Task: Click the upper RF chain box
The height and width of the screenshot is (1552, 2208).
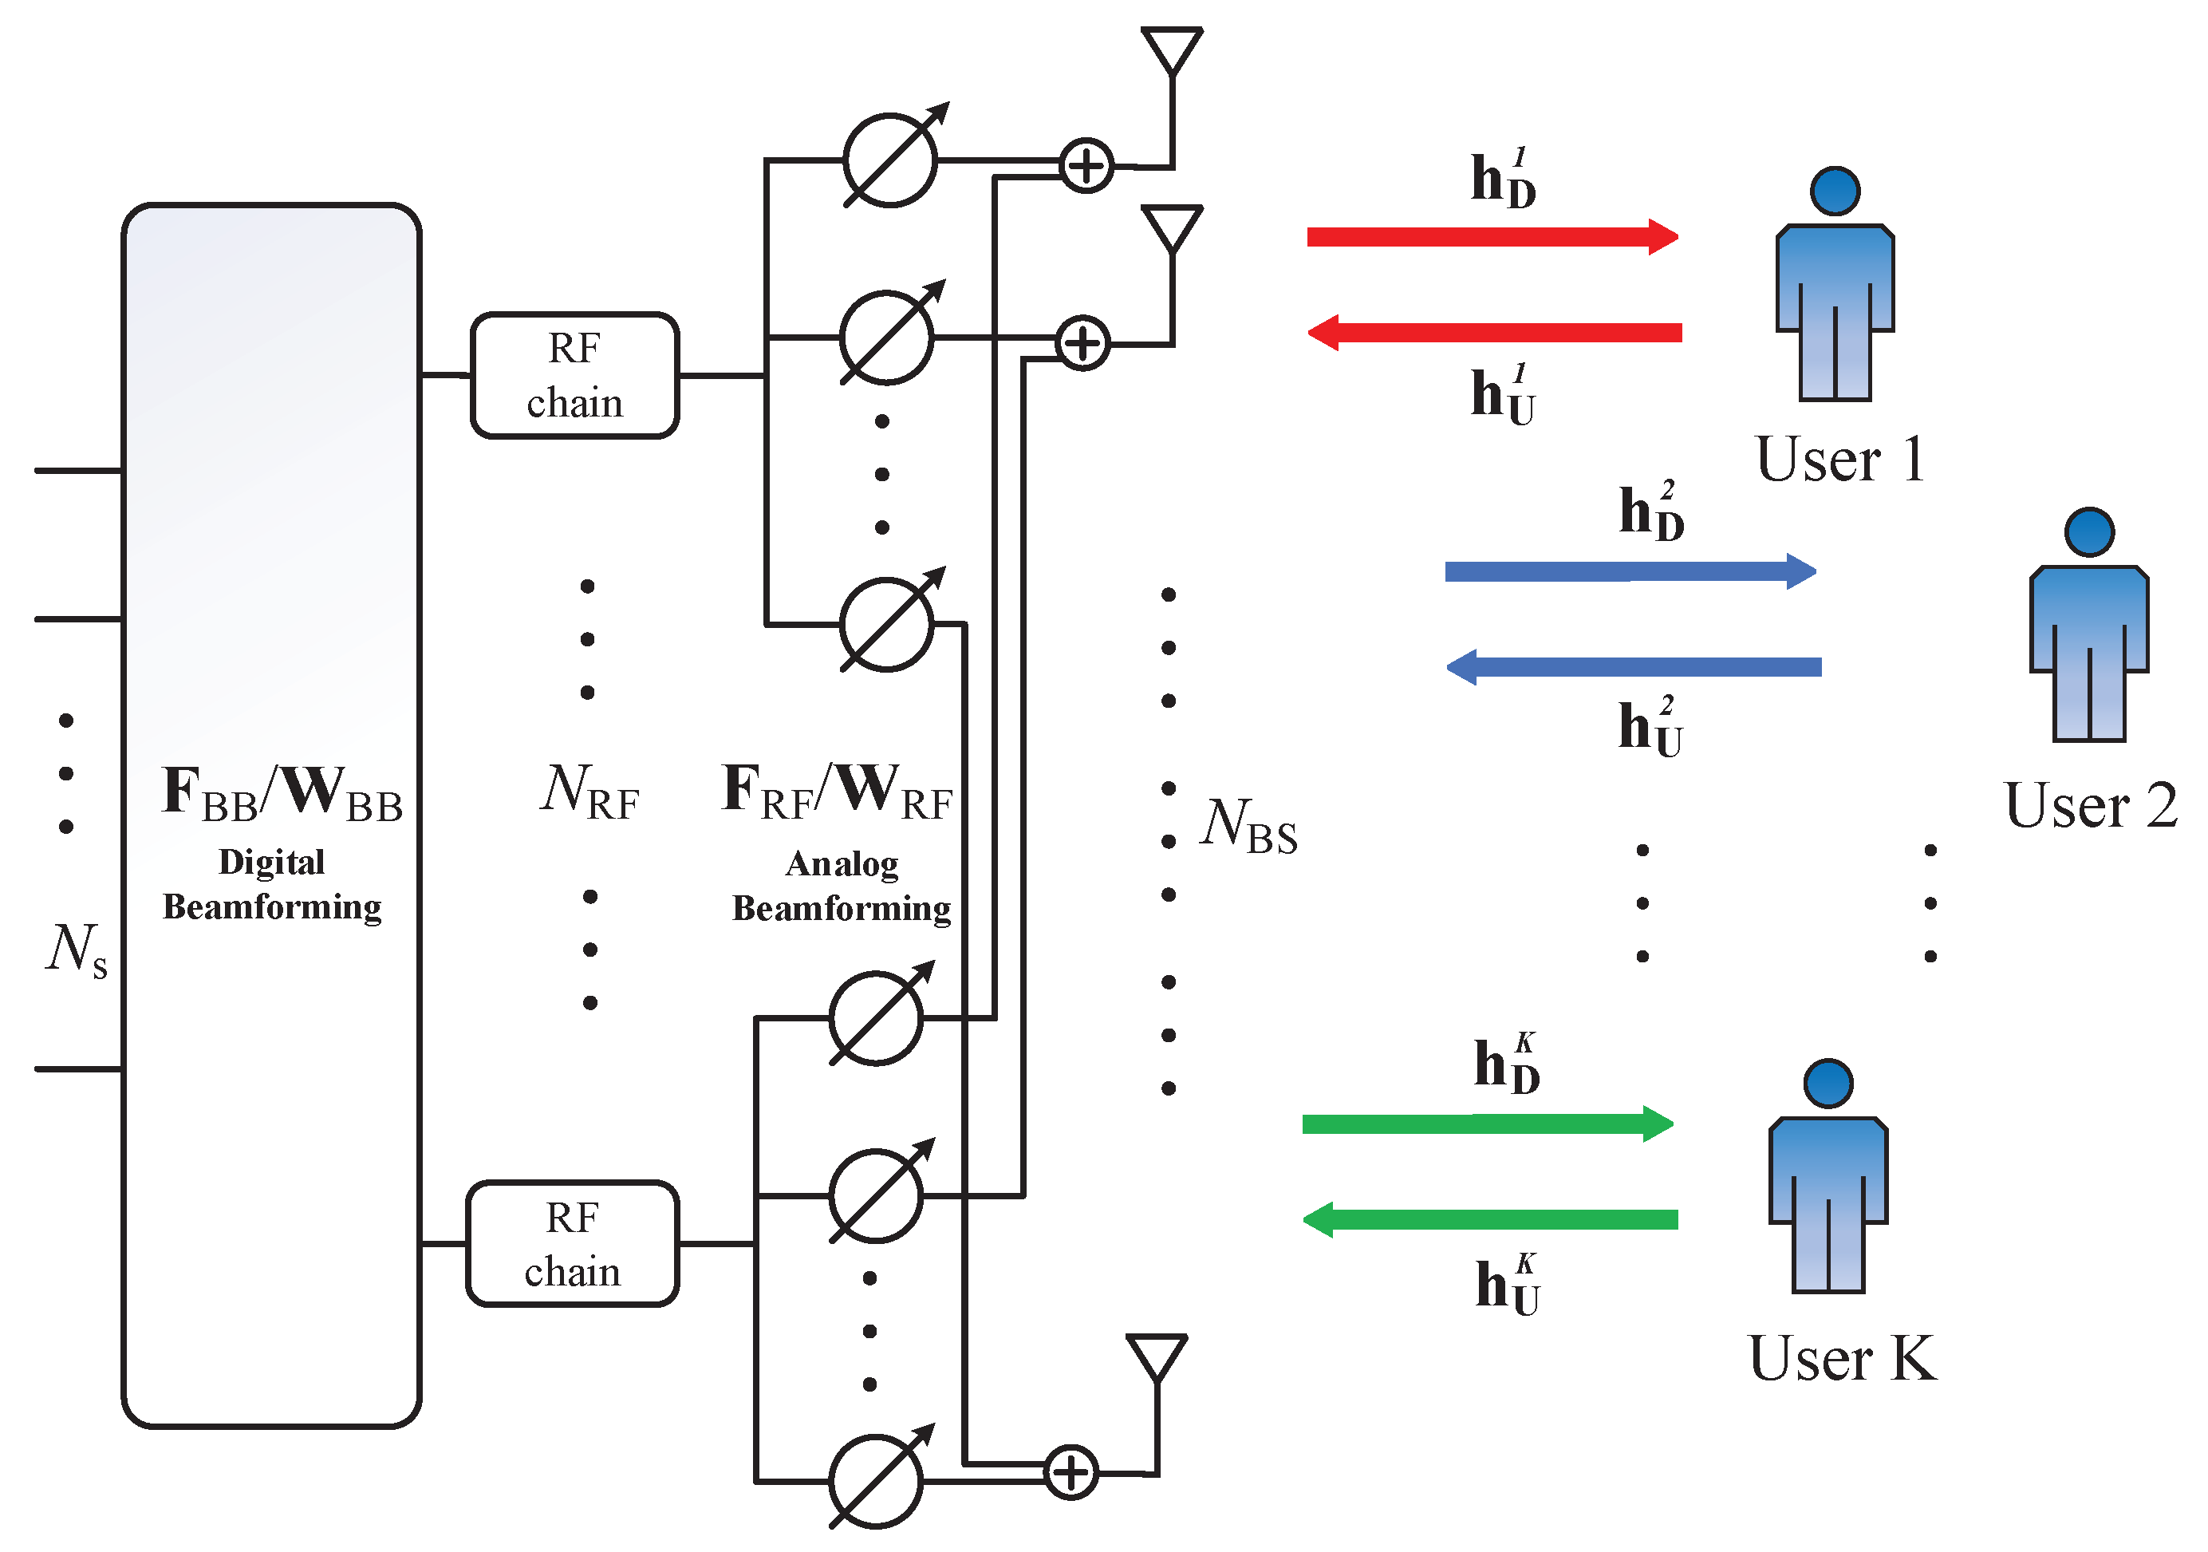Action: tap(574, 375)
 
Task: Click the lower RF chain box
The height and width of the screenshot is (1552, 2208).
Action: tap(572, 1243)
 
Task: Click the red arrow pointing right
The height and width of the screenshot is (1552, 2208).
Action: tap(1492, 237)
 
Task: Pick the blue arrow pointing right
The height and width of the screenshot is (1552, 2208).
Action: tap(1629, 571)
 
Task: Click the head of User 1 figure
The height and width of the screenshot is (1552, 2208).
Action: tap(1835, 192)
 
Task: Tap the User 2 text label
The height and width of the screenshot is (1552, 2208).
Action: tap(2091, 805)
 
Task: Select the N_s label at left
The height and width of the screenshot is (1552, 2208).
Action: tap(76, 949)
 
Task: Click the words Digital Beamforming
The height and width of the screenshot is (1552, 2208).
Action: tap(271, 884)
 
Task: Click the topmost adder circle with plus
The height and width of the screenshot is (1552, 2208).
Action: tap(1086, 165)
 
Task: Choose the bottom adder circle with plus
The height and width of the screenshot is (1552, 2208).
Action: tap(1070, 1472)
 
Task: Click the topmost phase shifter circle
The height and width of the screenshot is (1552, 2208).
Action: tap(889, 160)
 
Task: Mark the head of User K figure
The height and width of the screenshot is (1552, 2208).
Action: tap(1828, 1084)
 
